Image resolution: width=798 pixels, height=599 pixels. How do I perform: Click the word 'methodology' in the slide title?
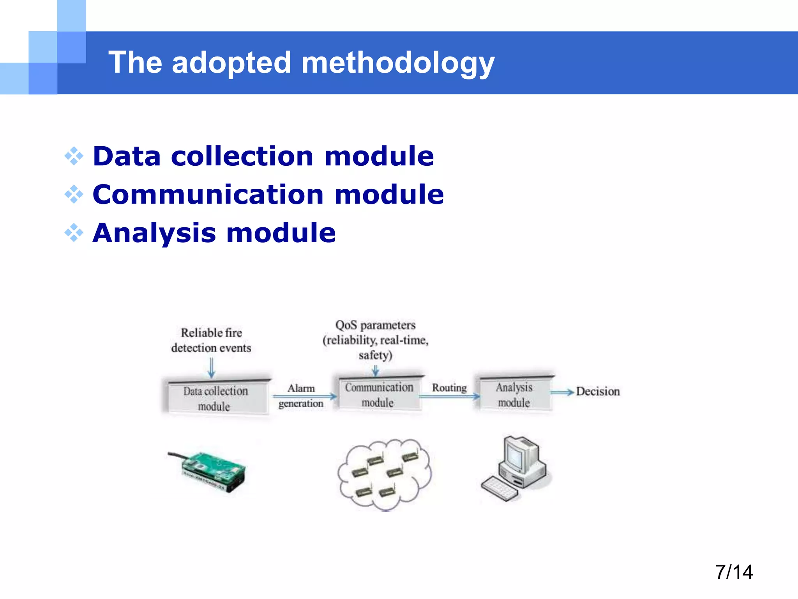pyautogui.click(x=397, y=64)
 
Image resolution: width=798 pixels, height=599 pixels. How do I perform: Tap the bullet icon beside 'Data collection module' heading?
pyautogui.click(x=74, y=156)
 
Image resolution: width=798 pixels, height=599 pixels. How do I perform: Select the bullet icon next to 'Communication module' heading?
pyautogui.click(x=74, y=195)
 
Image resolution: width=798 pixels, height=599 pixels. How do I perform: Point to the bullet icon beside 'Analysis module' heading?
pyautogui.click(x=74, y=233)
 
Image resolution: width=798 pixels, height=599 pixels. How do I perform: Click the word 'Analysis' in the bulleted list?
pyautogui.click(x=154, y=233)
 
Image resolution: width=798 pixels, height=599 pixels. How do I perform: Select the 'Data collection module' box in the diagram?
pyautogui.click(x=215, y=398)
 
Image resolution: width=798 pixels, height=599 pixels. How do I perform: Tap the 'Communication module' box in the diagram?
pyautogui.click(x=379, y=395)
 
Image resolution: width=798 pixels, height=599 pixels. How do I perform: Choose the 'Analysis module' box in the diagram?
pyautogui.click(x=514, y=395)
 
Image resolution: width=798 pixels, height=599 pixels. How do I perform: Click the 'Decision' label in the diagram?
pyautogui.click(x=598, y=392)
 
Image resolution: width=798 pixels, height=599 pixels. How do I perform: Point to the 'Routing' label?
pyautogui.click(x=449, y=388)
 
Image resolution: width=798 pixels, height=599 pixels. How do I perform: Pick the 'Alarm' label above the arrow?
pyautogui.click(x=301, y=388)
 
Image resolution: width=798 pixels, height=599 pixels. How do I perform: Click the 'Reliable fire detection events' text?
pyautogui.click(x=211, y=340)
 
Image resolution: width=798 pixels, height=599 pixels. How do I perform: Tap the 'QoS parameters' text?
pyautogui.click(x=375, y=325)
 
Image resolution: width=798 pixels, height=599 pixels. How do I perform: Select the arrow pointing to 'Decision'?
pyautogui.click(x=562, y=392)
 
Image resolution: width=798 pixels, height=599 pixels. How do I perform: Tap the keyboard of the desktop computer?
pyautogui.click(x=500, y=488)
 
